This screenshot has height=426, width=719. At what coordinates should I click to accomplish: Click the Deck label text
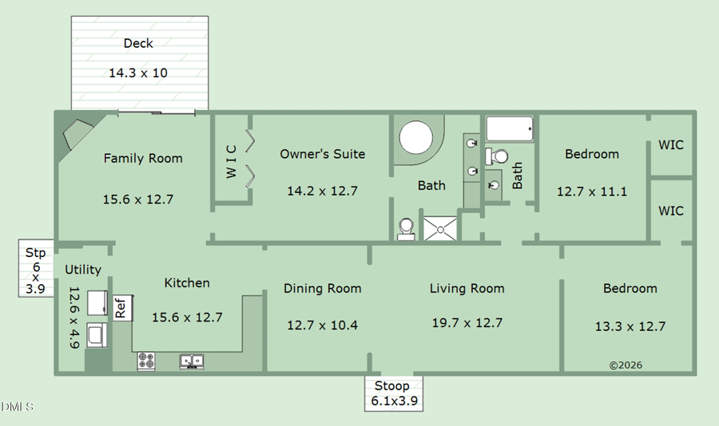138,43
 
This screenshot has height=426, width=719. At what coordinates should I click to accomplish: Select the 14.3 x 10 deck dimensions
138,73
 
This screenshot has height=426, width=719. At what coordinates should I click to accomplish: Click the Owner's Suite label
322,154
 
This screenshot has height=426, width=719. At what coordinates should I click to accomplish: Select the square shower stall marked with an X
440,227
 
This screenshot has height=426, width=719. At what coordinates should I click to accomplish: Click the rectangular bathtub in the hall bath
510,128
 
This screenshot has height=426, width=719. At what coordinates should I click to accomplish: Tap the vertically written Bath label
518,176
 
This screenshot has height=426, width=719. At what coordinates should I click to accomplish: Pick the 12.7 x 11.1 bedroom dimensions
592,191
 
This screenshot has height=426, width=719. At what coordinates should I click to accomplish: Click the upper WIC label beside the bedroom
671,145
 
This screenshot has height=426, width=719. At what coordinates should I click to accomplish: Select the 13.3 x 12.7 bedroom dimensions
630,326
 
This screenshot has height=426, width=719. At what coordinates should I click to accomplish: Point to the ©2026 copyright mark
626,365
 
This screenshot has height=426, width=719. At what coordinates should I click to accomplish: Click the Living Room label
467,289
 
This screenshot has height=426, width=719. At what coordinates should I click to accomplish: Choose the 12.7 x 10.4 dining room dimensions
322,325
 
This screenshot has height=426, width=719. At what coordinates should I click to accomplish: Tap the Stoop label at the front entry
392,386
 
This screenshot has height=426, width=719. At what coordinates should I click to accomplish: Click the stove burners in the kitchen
146,361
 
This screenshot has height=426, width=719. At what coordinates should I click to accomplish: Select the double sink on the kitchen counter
192,361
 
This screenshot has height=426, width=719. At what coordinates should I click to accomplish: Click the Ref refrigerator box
121,307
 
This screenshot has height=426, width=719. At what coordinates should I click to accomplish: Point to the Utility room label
83,270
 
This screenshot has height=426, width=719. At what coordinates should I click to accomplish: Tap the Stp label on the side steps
35,253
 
